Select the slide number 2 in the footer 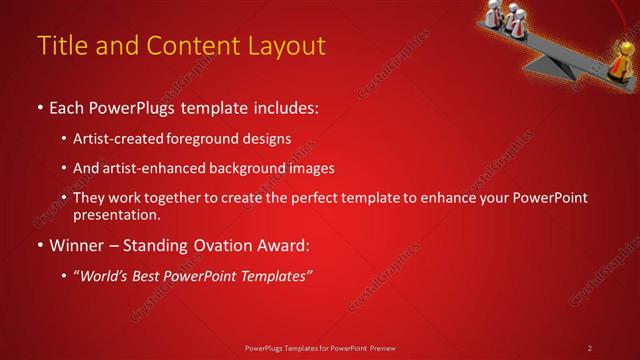590,348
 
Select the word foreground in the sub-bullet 211,138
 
